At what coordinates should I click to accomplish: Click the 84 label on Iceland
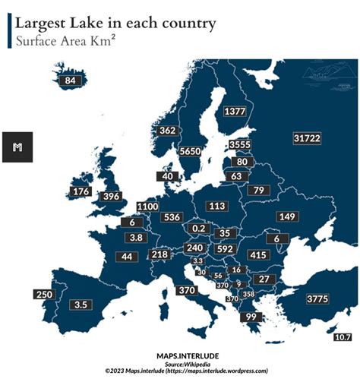[x=71, y=81]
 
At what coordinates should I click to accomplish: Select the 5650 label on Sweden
[x=189, y=152]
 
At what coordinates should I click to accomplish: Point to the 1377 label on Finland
[x=235, y=112]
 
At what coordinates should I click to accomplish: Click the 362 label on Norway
[x=167, y=131]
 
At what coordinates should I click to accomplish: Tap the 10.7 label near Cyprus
[x=343, y=336]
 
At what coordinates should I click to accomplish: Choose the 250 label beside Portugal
[x=43, y=295]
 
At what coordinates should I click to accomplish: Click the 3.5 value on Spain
[x=81, y=305]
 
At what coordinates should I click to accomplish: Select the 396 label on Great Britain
[x=112, y=197]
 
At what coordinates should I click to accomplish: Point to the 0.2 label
[x=200, y=228]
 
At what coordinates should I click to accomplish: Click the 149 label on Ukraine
[x=288, y=217]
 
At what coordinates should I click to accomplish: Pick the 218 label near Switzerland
[x=159, y=254]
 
